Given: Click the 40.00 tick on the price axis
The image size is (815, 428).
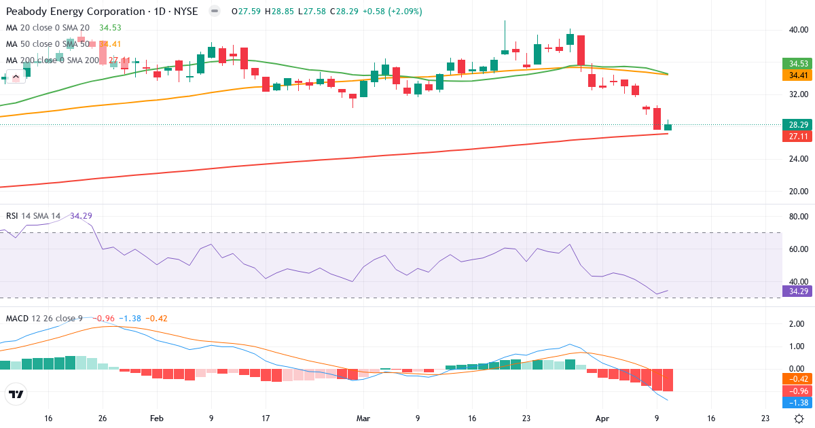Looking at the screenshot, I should pyautogui.click(x=798, y=30).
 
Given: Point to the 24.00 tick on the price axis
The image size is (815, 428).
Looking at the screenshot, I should pyautogui.click(x=798, y=159).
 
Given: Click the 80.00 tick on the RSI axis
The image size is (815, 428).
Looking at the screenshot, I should pyautogui.click(x=798, y=217).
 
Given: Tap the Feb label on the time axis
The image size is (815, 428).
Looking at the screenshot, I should pyautogui.click(x=157, y=418).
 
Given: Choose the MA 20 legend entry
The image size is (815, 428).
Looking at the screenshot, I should pyautogui.click(x=48, y=27).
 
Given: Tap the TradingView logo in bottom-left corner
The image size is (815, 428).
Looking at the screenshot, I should pyautogui.click(x=16, y=394).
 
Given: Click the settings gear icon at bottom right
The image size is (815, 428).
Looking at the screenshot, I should pyautogui.click(x=799, y=418).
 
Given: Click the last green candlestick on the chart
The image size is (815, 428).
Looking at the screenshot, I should pyautogui.click(x=668, y=127).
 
